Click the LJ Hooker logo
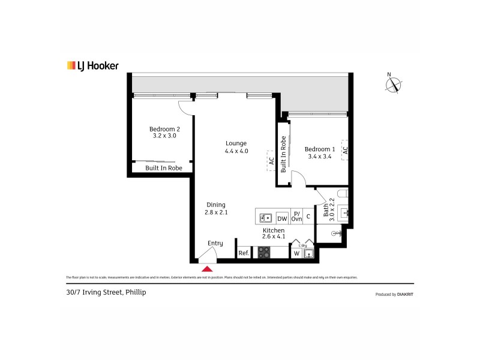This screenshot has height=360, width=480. (x=92, y=66)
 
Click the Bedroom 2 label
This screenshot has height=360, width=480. (x=164, y=132)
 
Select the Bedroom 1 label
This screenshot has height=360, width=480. (x=319, y=153)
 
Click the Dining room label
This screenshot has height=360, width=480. (x=216, y=208)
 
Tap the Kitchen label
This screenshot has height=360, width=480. (x=273, y=233)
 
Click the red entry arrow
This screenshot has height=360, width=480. (x=208, y=269)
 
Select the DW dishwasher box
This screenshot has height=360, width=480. (x=282, y=218)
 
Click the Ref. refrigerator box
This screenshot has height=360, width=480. (x=244, y=253)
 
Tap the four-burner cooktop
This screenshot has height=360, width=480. (x=264, y=253)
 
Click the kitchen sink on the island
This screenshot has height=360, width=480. (x=266, y=218)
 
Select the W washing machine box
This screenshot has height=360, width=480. (x=296, y=253)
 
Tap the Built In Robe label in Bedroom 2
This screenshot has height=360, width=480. (x=164, y=169)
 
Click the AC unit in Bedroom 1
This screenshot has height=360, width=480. (x=344, y=150)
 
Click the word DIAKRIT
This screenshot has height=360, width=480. (x=404, y=295)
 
